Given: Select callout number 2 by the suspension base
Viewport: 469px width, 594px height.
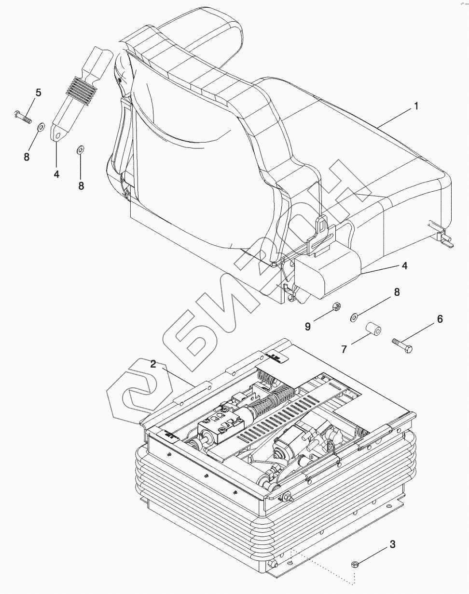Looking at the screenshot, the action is (153, 364).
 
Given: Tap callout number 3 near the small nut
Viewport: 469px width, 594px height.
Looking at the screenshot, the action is (392, 544).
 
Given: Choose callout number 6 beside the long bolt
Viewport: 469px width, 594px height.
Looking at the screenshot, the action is (440, 318).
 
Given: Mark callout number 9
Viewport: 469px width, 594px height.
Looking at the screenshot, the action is (307, 326).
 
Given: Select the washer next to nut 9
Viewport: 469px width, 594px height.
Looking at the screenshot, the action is (354, 317).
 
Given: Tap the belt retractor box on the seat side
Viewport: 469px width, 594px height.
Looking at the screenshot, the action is (328, 272).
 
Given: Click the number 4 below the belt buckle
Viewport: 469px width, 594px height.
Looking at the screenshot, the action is (56, 174).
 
